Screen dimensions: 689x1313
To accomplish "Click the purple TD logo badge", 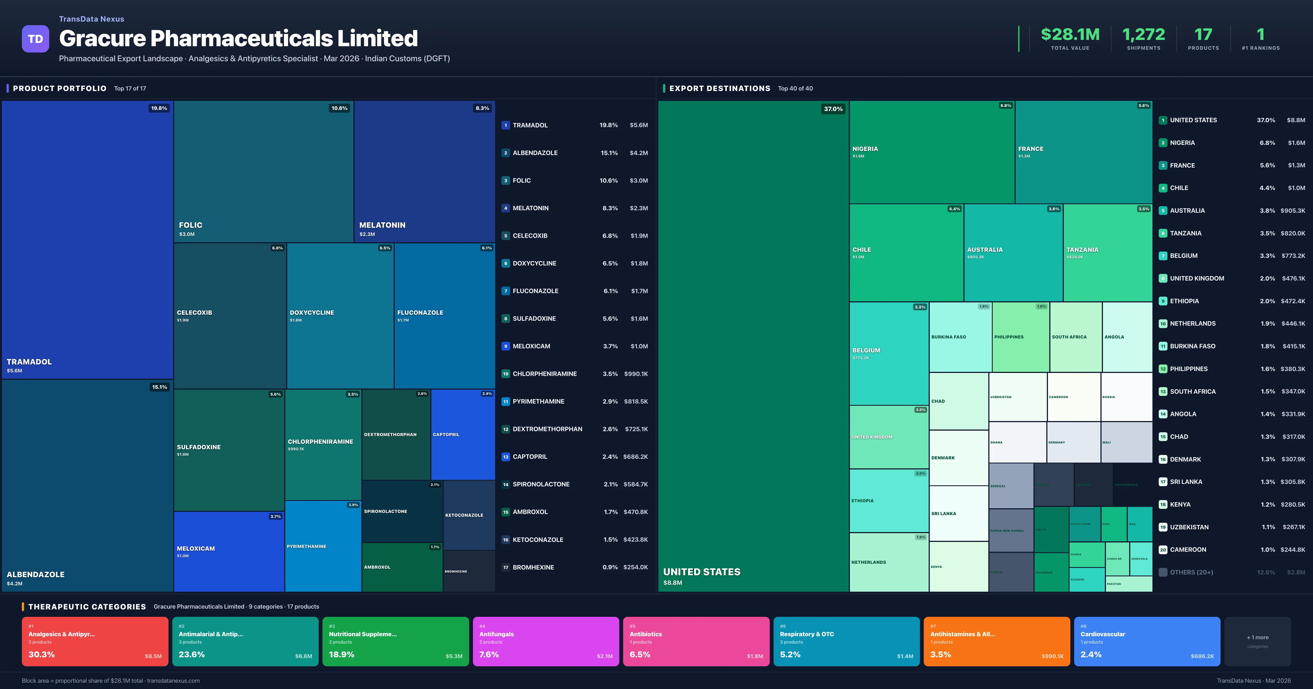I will tap(35, 39).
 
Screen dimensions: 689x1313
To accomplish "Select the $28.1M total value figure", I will tap(1070, 35).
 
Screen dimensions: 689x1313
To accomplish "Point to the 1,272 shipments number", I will tap(1143, 35).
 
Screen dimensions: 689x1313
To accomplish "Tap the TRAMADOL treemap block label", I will tap(29, 362).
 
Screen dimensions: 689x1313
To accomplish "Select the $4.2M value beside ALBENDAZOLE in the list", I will tap(639, 153).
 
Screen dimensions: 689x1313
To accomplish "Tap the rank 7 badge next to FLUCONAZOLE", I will tap(506, 291).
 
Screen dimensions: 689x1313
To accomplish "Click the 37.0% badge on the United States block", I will tap(833, 109).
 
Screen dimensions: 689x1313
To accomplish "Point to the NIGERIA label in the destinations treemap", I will tap(865, 149).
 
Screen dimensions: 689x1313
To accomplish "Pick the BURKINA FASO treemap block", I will tap(960, 337).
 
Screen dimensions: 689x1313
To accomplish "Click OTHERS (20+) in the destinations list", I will tap(1191, 572).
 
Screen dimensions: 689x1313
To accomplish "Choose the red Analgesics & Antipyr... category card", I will tap(95, 641).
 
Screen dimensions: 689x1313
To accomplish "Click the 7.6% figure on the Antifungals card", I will tap(489, 654).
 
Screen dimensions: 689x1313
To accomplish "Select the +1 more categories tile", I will tap(1257, 641).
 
